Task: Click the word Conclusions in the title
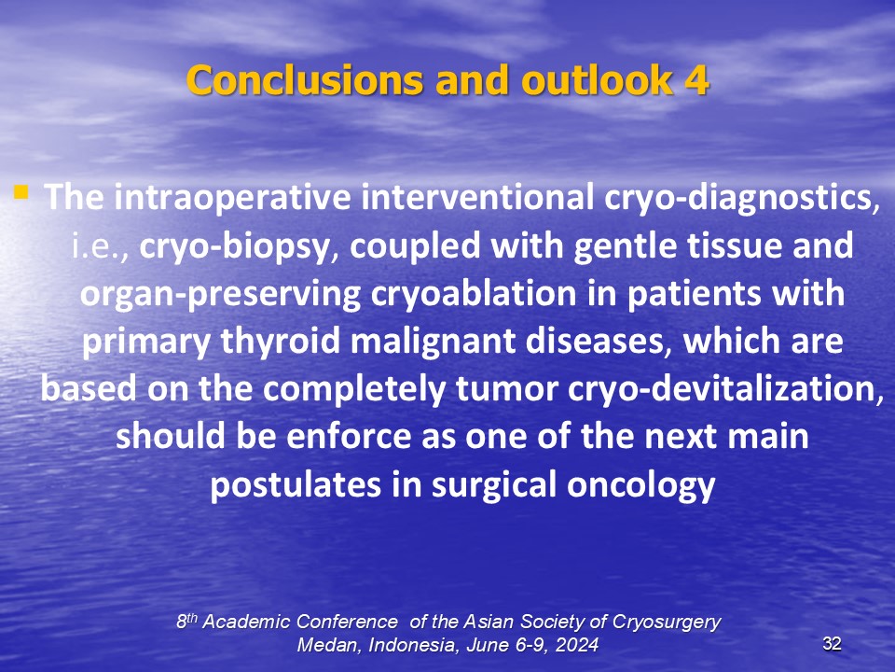(305, 79)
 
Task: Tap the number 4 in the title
(696, 80)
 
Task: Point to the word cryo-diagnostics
(741, 198)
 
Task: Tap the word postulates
(296, 485)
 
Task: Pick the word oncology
(641, 485)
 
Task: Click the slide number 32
(832, 644)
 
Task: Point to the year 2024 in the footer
(577, 645)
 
